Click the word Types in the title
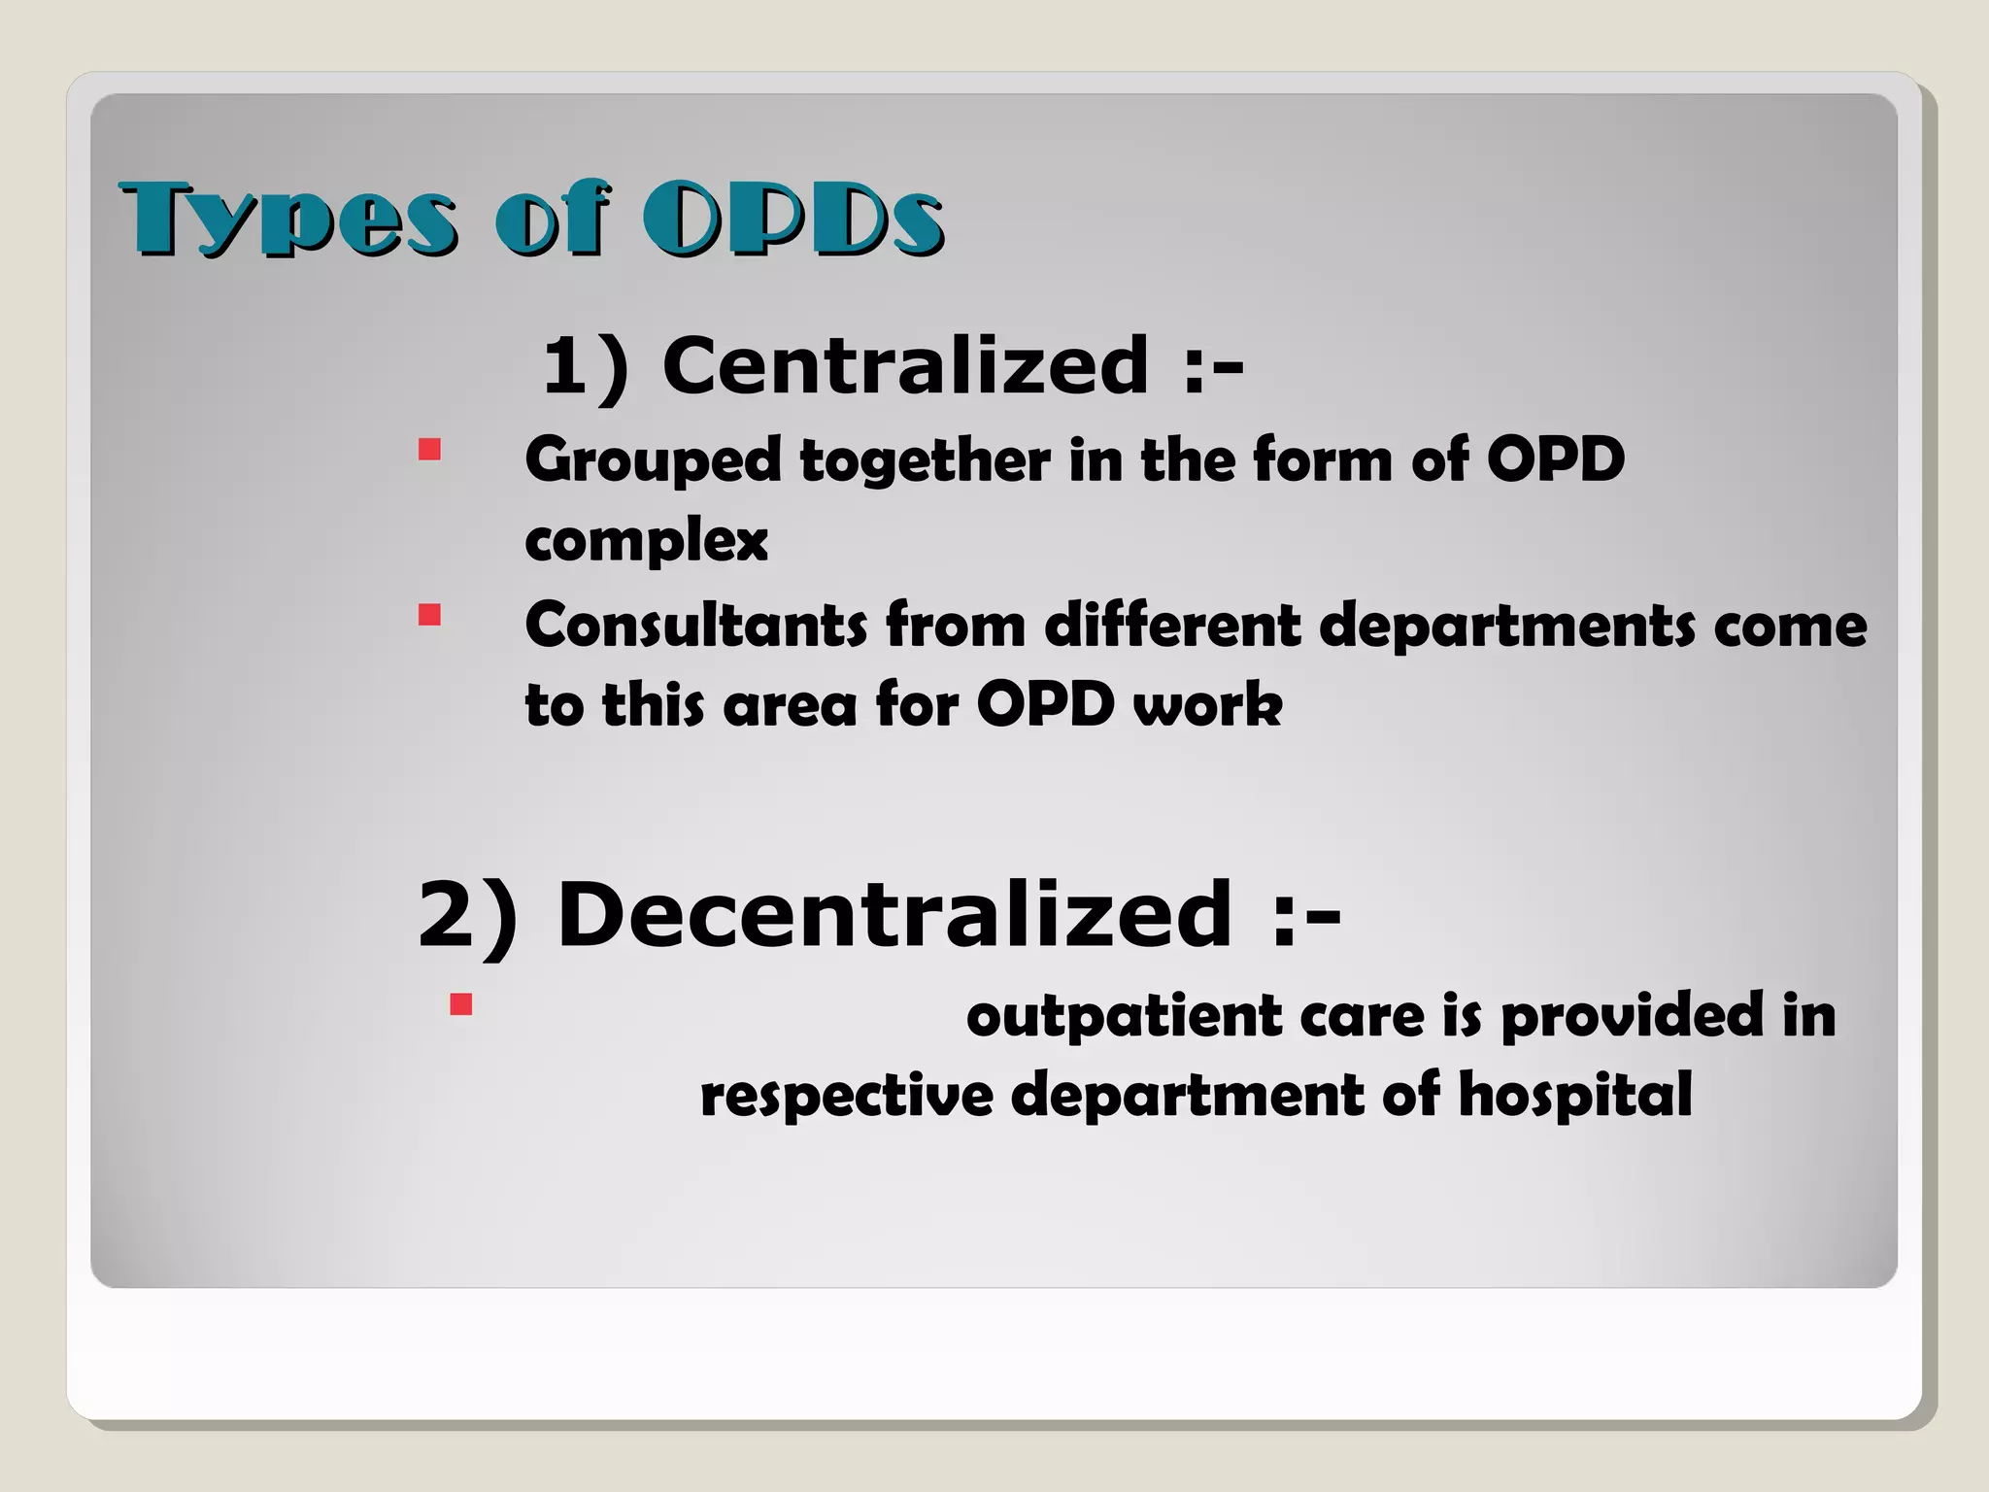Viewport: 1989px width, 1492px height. coord(287,220)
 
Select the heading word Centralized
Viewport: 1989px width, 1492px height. coord(905,365)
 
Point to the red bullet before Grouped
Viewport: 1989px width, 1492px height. coord(429,450)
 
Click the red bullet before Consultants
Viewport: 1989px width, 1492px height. coord(429,615)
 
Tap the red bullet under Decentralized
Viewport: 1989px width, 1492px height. coord(460,1003)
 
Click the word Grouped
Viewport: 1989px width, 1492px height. coord(652,460)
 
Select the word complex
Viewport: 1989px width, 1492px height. coord(646,541)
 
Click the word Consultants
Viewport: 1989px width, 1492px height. coord(695,625)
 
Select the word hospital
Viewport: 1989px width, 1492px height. coord(1574,1096)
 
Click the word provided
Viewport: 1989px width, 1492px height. coord(1632,1017)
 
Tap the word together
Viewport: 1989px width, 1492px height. coord(925,460)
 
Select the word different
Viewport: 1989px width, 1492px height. coord(1171,625)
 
